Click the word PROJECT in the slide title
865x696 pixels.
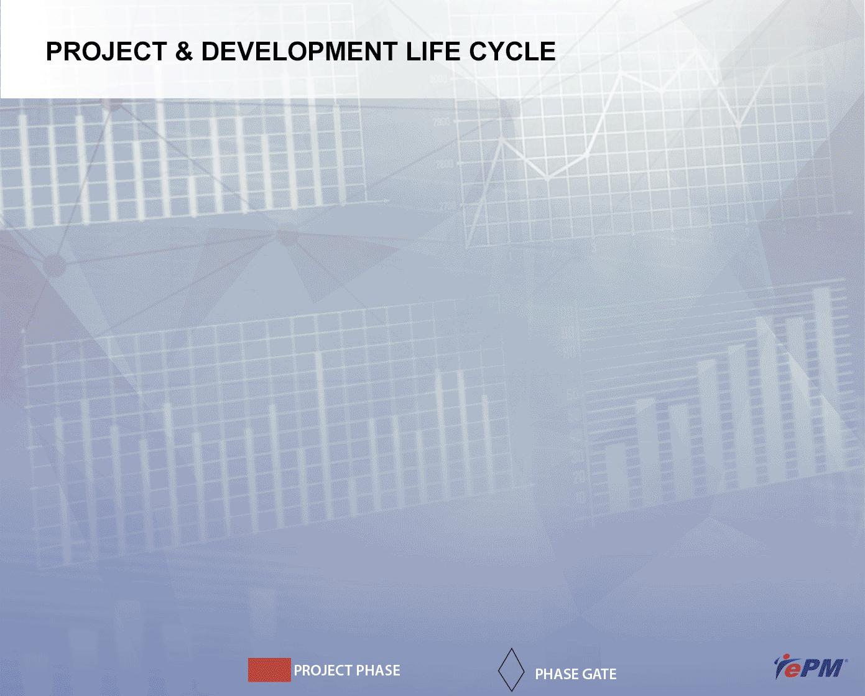click(x=106, y=52)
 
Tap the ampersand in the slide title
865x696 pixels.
click(x=184, y=52)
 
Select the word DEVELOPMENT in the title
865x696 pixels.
click(x=300, y=52)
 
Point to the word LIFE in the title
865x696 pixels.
click(x=433, y=52)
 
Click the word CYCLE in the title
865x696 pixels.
click(x=512, y=52)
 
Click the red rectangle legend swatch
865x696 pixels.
click(x=269, y=670)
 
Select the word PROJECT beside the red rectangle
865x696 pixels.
click(x=323, y=670)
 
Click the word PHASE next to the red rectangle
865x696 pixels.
click(x=378, y=670)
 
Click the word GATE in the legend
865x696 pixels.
click(x=599, y=674)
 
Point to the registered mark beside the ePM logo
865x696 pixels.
click(x=846, y=661)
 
